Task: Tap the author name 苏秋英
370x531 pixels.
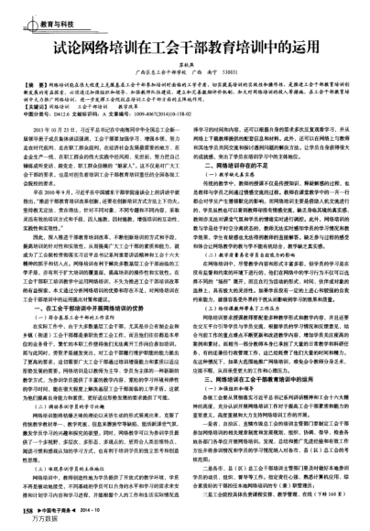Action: click(184, 65)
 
